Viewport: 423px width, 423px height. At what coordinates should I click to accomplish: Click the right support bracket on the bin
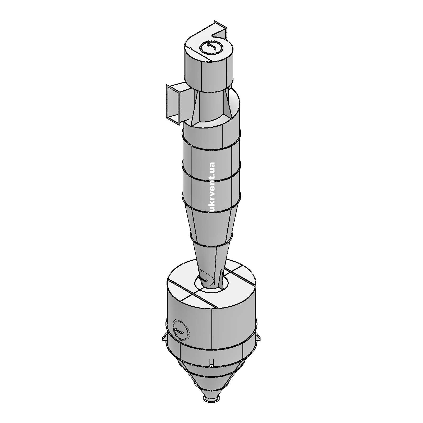pyautogui.click(x=258, y=338)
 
